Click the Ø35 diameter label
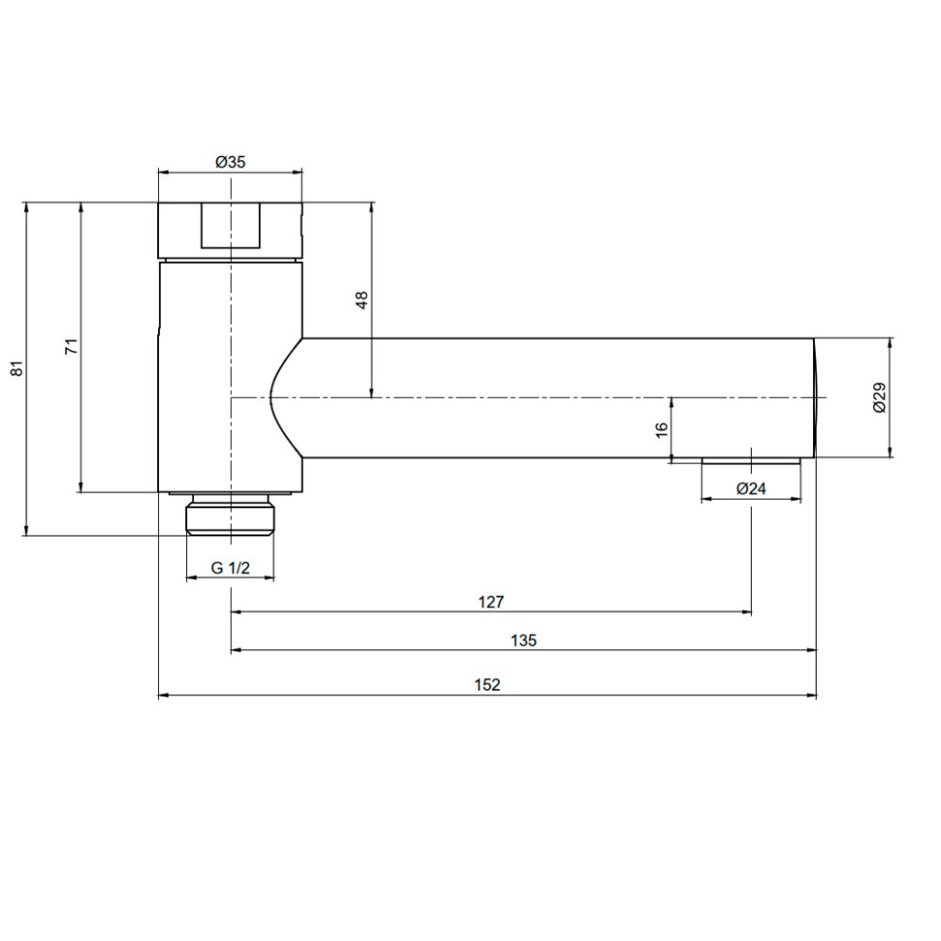[230, 162]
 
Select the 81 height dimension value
[16, 369]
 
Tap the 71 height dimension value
[72, 347]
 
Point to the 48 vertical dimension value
[362, 300]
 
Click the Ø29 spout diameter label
[879, 398]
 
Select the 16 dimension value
[661, 430]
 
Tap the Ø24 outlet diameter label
[751, 489]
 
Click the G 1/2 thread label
[230, 568]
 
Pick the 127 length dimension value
[491, 602]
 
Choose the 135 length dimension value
[523, 640]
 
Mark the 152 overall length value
[487, 685]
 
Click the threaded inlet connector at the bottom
[230, 514]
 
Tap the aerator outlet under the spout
[752, 460]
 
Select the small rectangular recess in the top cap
[231, 226]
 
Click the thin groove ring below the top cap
[230, 260]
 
